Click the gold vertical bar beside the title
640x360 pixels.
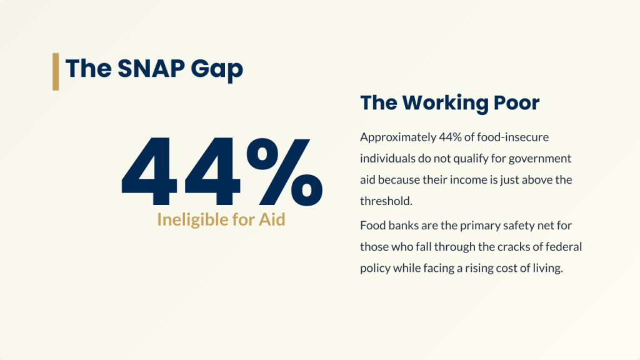click(x=56, y=71)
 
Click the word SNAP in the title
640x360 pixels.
click(x=151, y=68)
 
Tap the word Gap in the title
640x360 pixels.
click(x=217, y=70)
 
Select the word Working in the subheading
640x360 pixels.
click(x=445, y=103)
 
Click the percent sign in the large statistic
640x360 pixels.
click(x=284, y=172)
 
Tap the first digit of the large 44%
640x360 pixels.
click(x=149, y=172)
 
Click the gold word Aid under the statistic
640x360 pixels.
click(x=272, y=219)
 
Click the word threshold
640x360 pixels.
click(x=386, y=201)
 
